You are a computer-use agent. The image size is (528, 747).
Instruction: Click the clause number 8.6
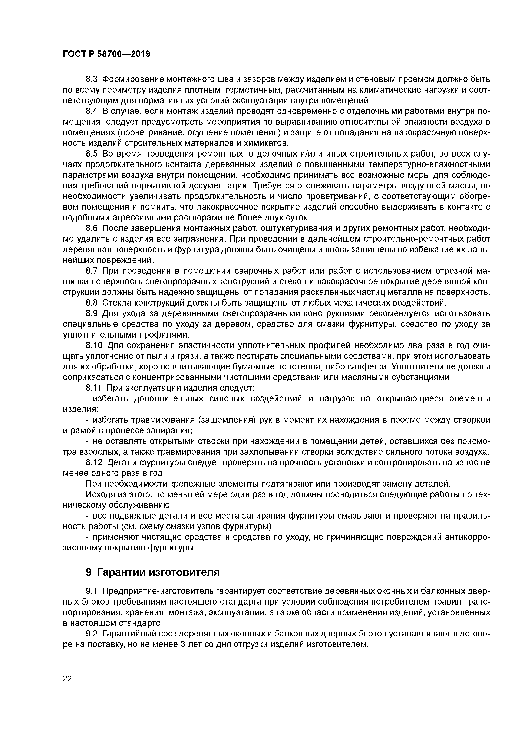coord(91,228)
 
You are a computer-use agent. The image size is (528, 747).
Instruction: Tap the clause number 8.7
coord(91,271)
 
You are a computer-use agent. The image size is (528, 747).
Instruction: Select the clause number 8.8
coord(91,303)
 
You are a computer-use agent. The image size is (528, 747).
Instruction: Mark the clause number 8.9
coord(91,314)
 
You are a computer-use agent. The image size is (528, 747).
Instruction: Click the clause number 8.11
coord(94,388)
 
